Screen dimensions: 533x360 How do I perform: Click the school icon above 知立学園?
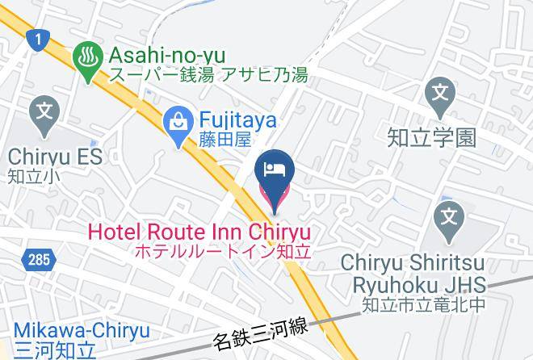(x=441, y=94)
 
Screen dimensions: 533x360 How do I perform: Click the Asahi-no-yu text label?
(x=162, y=56)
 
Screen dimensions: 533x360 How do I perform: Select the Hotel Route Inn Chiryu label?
(x=199, y=232)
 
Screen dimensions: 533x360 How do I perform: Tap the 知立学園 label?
(x=441, y=137)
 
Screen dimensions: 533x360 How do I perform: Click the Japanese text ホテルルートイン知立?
(x=222, y=252)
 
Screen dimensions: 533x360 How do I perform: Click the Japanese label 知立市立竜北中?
(x=425, y=306)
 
